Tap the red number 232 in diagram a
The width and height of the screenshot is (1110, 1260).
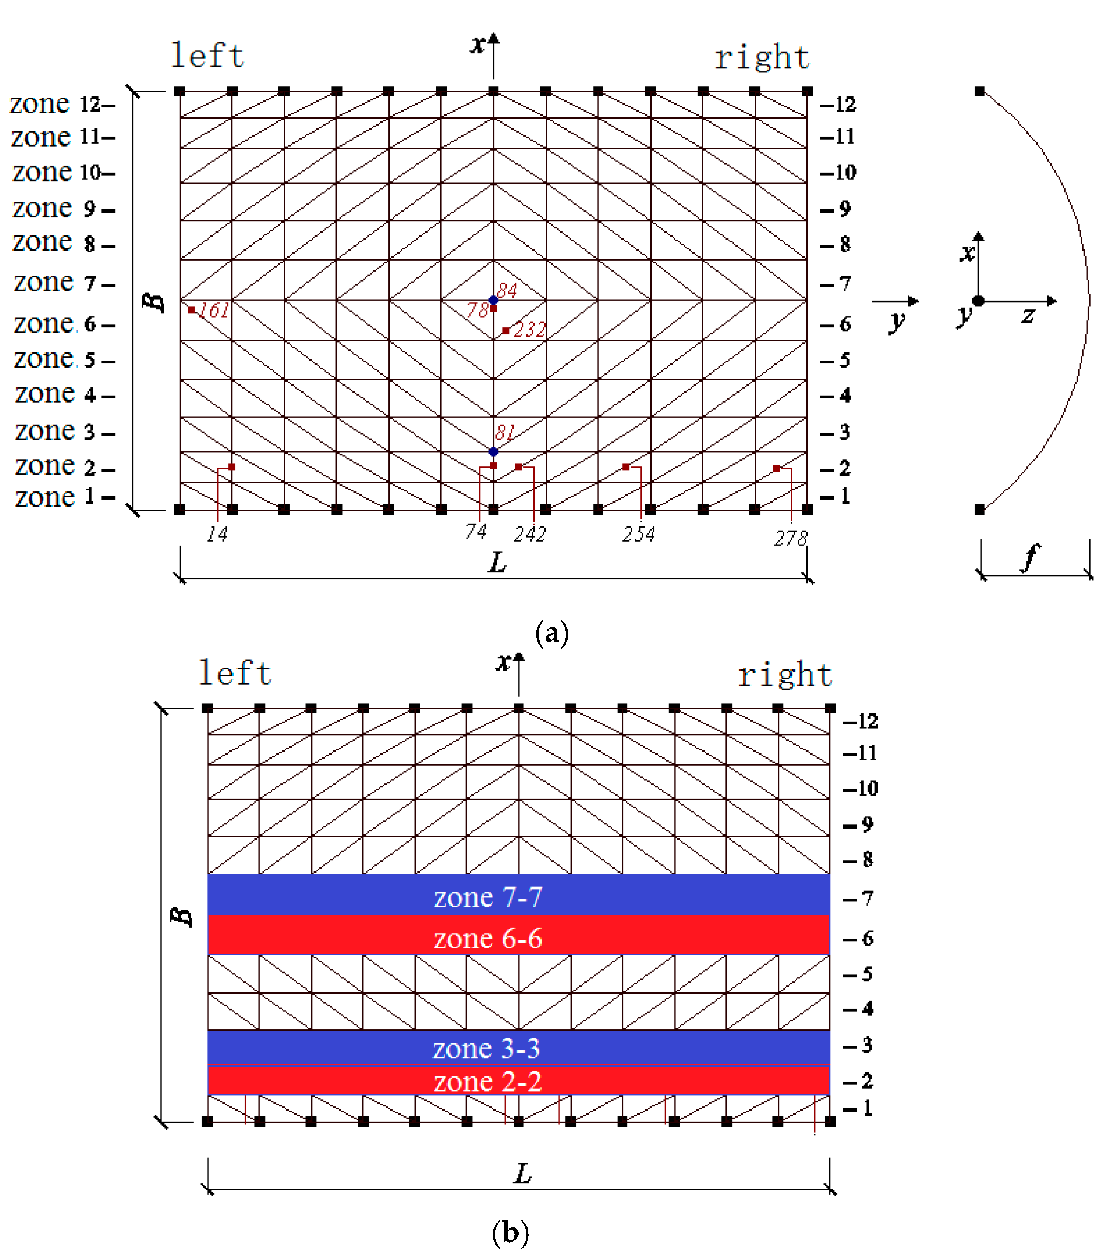[x=529, y=330]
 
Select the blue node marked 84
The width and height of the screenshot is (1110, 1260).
[x=493, y=300]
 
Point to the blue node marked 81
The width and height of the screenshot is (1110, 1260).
[x=493, y=452]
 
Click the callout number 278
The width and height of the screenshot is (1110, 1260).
[x=790, y=539]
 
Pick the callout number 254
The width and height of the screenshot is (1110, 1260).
[x=638, y=534]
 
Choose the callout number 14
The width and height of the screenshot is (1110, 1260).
[x=217, y=534]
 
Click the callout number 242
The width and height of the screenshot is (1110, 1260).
[x=530, y=534]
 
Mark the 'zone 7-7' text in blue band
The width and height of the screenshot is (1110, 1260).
[x=488, y=897]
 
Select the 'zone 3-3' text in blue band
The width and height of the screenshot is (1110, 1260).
[x=486, y=1048]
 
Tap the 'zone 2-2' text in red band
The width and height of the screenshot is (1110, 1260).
[x=488, y=1081]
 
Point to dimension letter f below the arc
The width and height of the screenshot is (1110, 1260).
[x=1031, y=557]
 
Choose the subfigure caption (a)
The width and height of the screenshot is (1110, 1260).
[x=552, y=633]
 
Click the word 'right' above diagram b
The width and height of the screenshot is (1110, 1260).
[x=785, y=674]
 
